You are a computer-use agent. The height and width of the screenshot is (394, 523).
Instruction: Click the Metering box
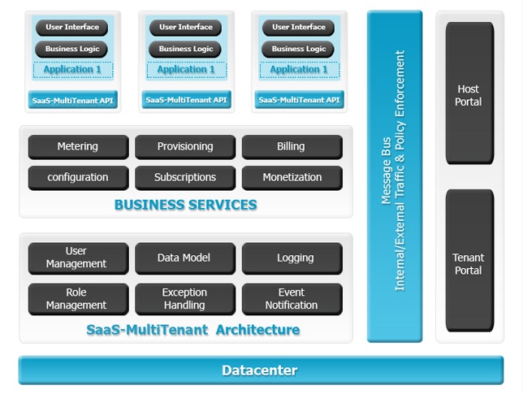point(78,147)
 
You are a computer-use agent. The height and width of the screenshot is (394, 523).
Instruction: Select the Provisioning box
point(185,147)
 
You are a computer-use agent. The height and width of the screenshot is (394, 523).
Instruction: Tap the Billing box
point(292,147)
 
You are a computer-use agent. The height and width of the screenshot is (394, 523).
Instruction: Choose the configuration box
point(78,177)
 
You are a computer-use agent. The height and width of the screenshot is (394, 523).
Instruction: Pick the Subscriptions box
point(185,177)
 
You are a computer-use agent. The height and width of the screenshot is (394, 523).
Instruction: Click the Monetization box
point(292,177)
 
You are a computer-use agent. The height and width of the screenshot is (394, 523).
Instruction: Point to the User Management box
point(78,258)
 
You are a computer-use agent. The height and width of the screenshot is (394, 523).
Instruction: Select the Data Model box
point(185,258)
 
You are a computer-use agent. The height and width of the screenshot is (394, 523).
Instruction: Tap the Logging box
point(292,258)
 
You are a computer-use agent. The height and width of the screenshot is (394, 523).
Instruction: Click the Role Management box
point(78,298)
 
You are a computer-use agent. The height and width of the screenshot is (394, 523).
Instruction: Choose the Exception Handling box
point(185,298)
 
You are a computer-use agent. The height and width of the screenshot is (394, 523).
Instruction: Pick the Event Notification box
point(292,298)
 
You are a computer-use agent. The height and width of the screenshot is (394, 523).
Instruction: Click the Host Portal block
point(469,94)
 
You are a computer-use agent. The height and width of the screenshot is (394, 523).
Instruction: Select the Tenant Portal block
point(469,263)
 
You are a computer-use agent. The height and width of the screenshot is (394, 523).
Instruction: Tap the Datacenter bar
point(260,370)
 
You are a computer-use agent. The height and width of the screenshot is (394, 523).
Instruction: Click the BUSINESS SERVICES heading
point(185,205)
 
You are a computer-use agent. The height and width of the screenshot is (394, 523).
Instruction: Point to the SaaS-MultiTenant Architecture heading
point(192,330)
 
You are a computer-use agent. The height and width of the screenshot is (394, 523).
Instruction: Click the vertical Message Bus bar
point(394,175)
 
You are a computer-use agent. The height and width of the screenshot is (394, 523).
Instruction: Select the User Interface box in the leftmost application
point(72,28)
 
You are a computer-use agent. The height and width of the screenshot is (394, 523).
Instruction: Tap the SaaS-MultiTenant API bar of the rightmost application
point(298,100)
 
